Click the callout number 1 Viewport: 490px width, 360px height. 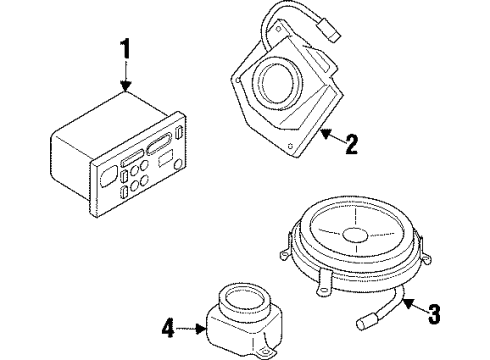point(125,49)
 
